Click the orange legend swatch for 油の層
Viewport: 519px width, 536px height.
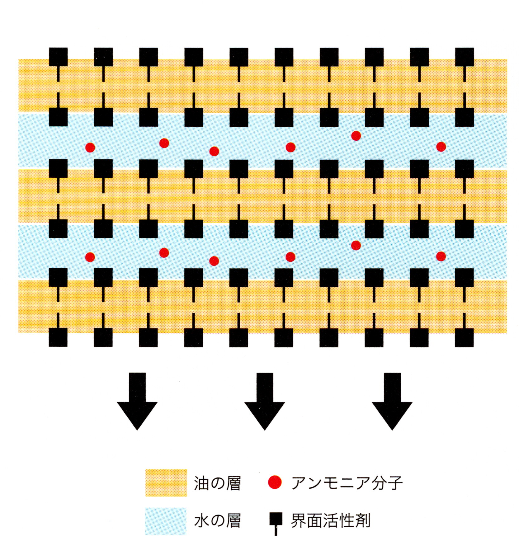coord(166,483)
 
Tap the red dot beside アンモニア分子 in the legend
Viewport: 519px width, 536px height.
coord(275,482)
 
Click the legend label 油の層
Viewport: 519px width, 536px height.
coord(217,483)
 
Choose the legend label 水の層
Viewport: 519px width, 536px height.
coord(217,521)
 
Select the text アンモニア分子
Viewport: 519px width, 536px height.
coord(347,483)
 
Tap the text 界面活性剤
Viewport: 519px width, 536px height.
coord(330,521)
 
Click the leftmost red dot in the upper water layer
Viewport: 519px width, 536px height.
coord(90,148)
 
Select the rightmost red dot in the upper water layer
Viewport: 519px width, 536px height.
coord(441,147)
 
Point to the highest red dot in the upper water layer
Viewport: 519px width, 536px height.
coord(356,136)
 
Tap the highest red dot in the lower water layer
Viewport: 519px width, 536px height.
coord(356,245)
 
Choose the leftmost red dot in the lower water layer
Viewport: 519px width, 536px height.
coord(90,257)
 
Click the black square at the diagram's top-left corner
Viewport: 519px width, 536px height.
coord(58,57)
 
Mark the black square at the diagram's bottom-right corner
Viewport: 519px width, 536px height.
coord(464,337)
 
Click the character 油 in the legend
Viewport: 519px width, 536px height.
coord(201,483)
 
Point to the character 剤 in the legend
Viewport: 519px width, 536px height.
coord(362,521)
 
